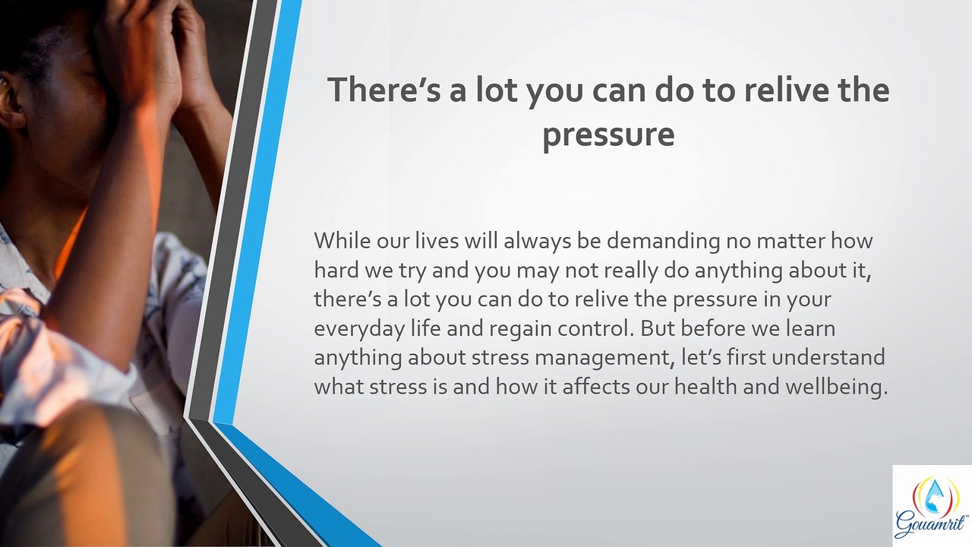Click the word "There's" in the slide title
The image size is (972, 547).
coord(384,90)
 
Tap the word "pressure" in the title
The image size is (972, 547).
coord(608,134)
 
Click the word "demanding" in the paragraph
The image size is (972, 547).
coord(663,241)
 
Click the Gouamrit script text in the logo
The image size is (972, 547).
coord(931,525)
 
